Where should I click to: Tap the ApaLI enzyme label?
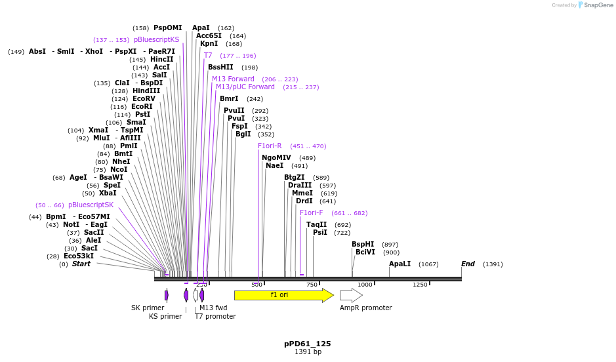400,264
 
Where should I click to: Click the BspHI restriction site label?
363,244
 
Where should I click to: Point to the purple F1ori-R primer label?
270,146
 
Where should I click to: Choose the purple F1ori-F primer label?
311,212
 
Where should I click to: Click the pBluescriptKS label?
156,39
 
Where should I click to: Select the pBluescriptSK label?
91,205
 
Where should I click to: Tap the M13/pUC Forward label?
245,87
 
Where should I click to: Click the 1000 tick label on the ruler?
365,285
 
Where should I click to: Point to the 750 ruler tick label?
312,285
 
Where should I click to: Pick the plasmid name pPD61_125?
308,343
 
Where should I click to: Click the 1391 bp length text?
308,352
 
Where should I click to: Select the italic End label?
468,264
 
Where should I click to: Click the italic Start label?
81,264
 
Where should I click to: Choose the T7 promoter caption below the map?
215,316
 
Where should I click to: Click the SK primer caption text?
148,308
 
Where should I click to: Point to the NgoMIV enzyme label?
276,157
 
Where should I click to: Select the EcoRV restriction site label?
144,98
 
